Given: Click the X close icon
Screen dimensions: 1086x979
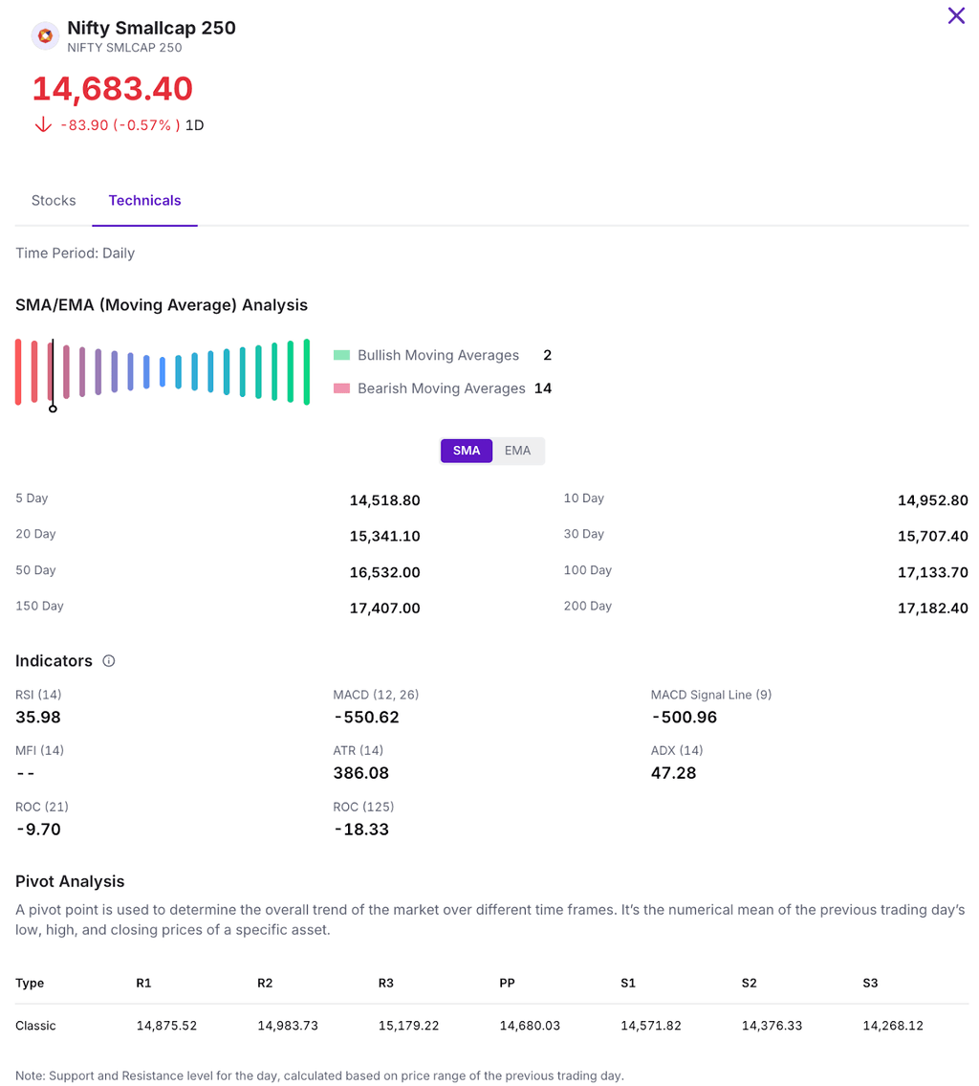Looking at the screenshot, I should [x=956, y=15].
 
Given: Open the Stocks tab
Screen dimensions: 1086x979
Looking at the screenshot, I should [x=54, y=200].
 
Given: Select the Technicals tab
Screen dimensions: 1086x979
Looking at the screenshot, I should [x=144, y=200].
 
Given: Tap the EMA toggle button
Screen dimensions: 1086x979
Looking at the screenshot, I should [x=517, y=451].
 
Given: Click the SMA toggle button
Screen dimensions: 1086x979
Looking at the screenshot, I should [x=467, y=451].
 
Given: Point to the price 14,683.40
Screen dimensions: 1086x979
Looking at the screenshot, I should [x=113, y=89].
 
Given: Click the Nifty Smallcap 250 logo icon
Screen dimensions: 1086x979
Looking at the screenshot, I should [x=45, y=36].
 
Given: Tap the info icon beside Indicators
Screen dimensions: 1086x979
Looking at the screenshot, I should [x=109, y=661].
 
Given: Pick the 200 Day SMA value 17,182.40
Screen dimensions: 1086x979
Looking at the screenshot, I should [x=932, y=609].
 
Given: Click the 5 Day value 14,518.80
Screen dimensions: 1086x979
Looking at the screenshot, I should [x=384, y=500].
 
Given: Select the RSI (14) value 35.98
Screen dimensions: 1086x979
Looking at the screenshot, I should [x=38, y=718].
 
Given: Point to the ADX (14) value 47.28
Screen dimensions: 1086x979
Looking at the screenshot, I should [x=673, y=773].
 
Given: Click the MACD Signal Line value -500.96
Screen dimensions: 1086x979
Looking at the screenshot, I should [x=684, y=718].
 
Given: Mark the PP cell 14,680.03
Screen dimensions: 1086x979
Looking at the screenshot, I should [x=530, y=1026].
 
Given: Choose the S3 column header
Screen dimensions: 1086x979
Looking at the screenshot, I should [x=870, y=983].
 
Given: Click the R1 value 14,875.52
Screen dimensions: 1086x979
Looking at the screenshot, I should [x=166, y=1026].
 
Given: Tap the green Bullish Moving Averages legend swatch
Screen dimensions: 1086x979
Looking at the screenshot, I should [x=342, y=355].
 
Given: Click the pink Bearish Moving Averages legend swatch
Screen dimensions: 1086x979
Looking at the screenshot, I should [x=342, y=388].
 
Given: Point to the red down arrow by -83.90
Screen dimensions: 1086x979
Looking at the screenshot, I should [x=42, y=125].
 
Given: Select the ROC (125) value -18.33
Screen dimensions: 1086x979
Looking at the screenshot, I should [x=361, y=830].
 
